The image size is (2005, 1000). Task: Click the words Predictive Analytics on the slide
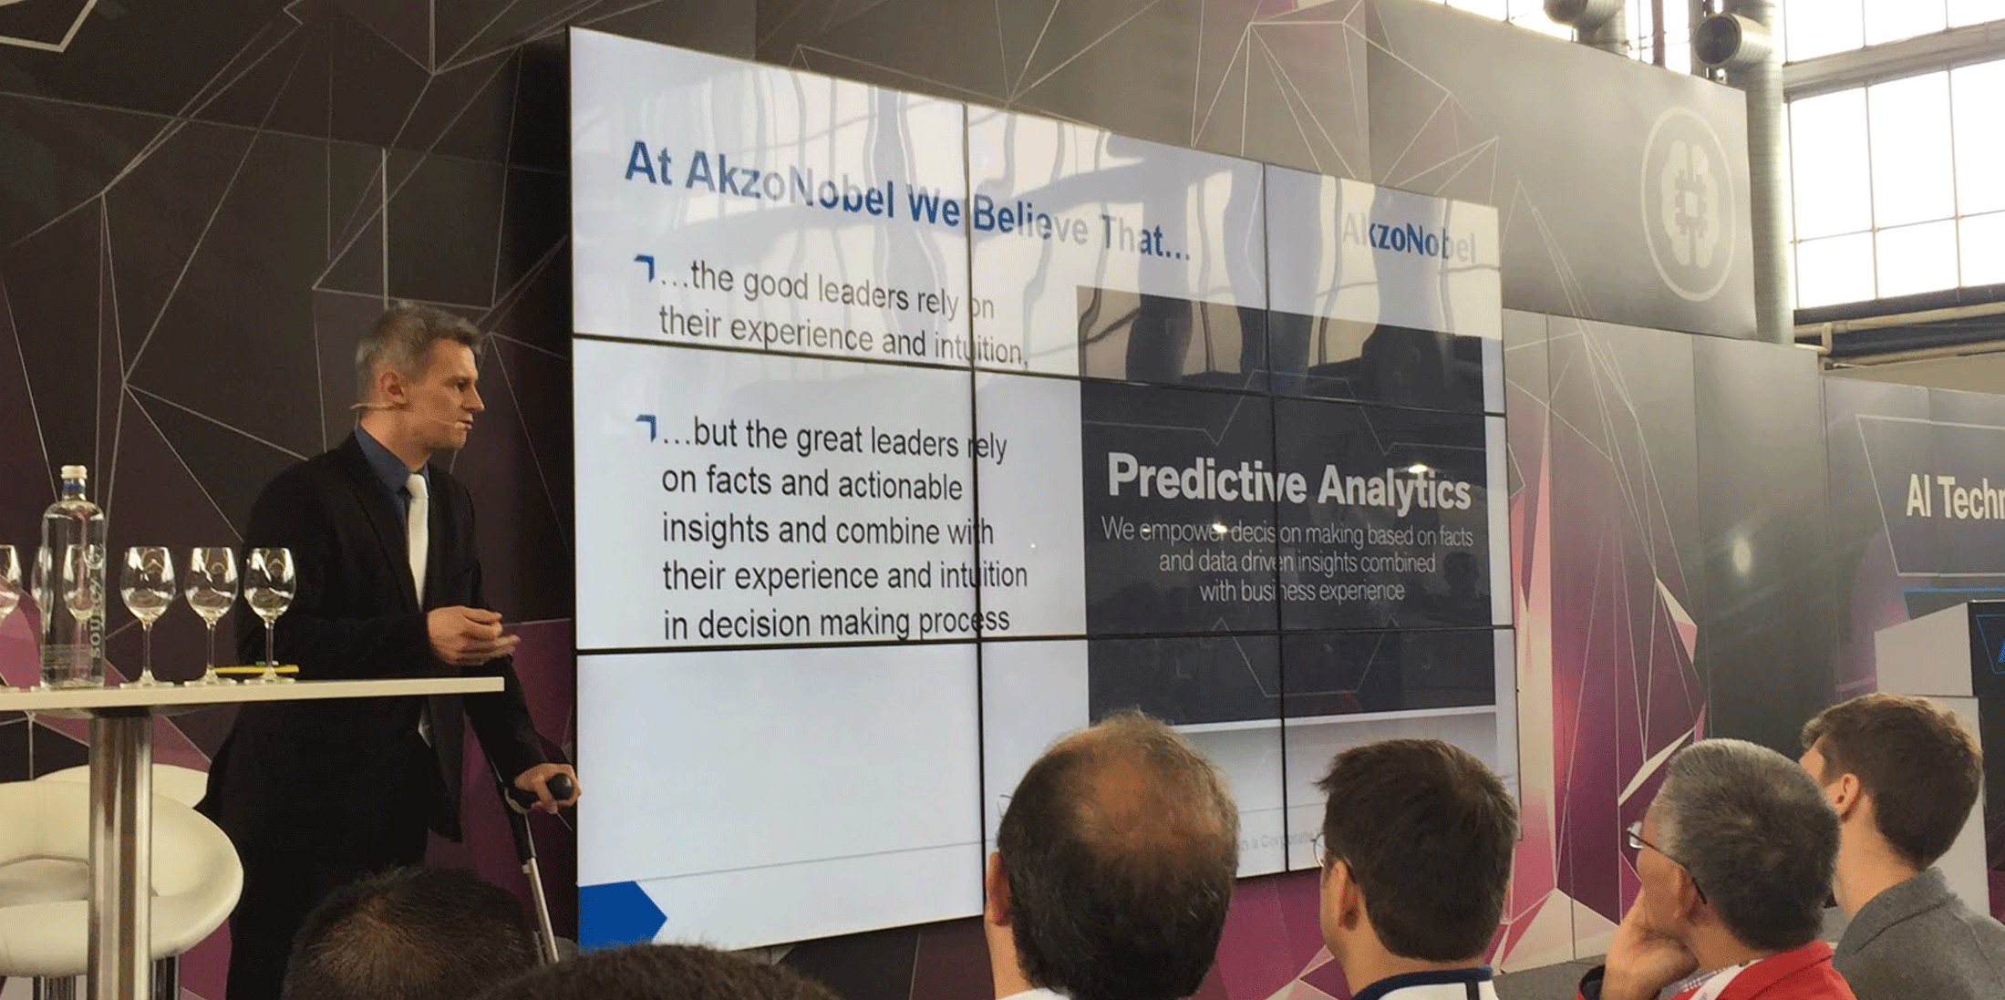pyautogui.click(x=1287, y=482)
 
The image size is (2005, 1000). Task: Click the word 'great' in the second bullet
pyautogui.click(x=828, y=439)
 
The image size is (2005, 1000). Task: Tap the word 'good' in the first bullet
pyautogui.click(x=775, y=285)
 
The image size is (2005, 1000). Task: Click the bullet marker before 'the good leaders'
pyautogui.click(x=645, y=268)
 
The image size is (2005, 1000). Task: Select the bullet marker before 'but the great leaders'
pyautogui.click(x=646, y=427)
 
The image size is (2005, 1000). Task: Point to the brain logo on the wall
pyautogui.click(x=1690, y=201)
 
